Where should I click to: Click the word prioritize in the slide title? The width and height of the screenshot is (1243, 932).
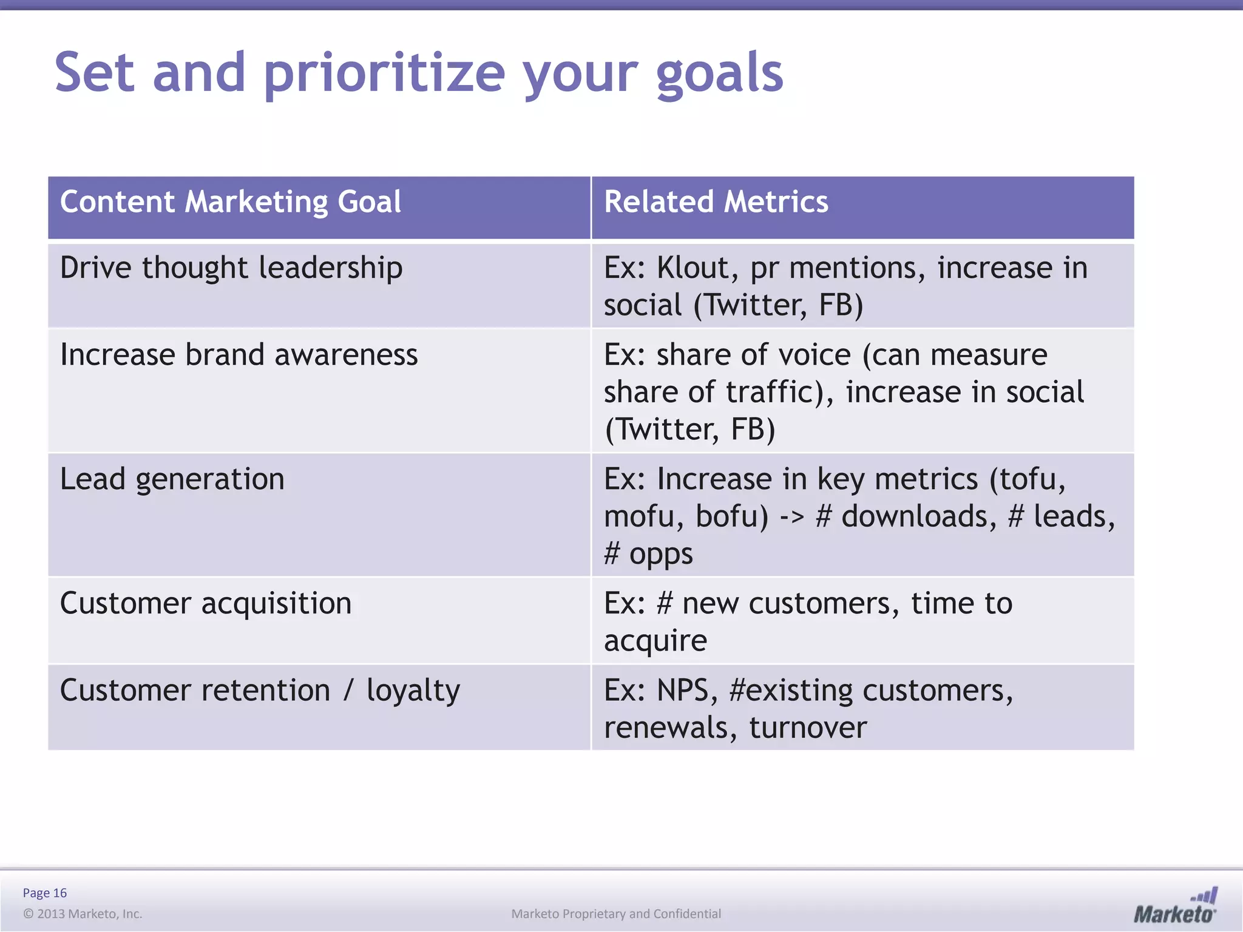click(384, 74)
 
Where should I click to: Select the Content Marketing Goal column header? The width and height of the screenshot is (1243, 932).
click(230, 202)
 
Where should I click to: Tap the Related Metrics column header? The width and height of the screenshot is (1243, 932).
click(716, 202)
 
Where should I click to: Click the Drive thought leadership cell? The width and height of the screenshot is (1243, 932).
click(231, 268)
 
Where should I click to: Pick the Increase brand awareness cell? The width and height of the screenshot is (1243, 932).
click(239, 355)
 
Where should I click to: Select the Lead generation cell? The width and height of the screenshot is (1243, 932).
click(172, 479)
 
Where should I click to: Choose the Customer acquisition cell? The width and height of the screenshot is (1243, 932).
click(205, 604)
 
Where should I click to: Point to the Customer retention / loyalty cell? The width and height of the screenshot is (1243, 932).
click(260, 691)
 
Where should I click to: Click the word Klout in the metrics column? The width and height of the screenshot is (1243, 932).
click(693, 268)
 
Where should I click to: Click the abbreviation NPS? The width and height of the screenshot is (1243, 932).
click(682, 691)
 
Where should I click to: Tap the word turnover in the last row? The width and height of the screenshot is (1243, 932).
click(807, 728)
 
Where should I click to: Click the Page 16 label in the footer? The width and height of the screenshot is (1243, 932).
click(44, 893)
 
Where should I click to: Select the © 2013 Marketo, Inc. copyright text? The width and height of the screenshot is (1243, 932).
click(83, 914)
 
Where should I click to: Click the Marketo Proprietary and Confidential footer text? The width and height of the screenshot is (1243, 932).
click(615, 914)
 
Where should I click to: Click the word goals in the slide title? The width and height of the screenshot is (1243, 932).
click(719, 74)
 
